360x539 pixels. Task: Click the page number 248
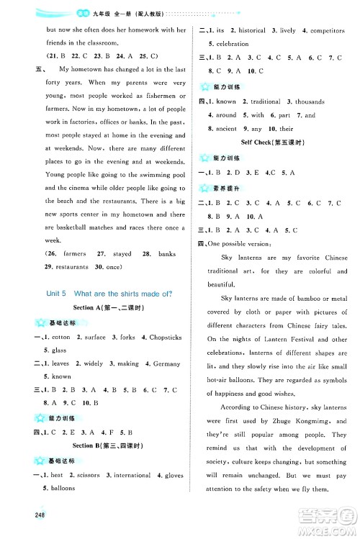[17, 520]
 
